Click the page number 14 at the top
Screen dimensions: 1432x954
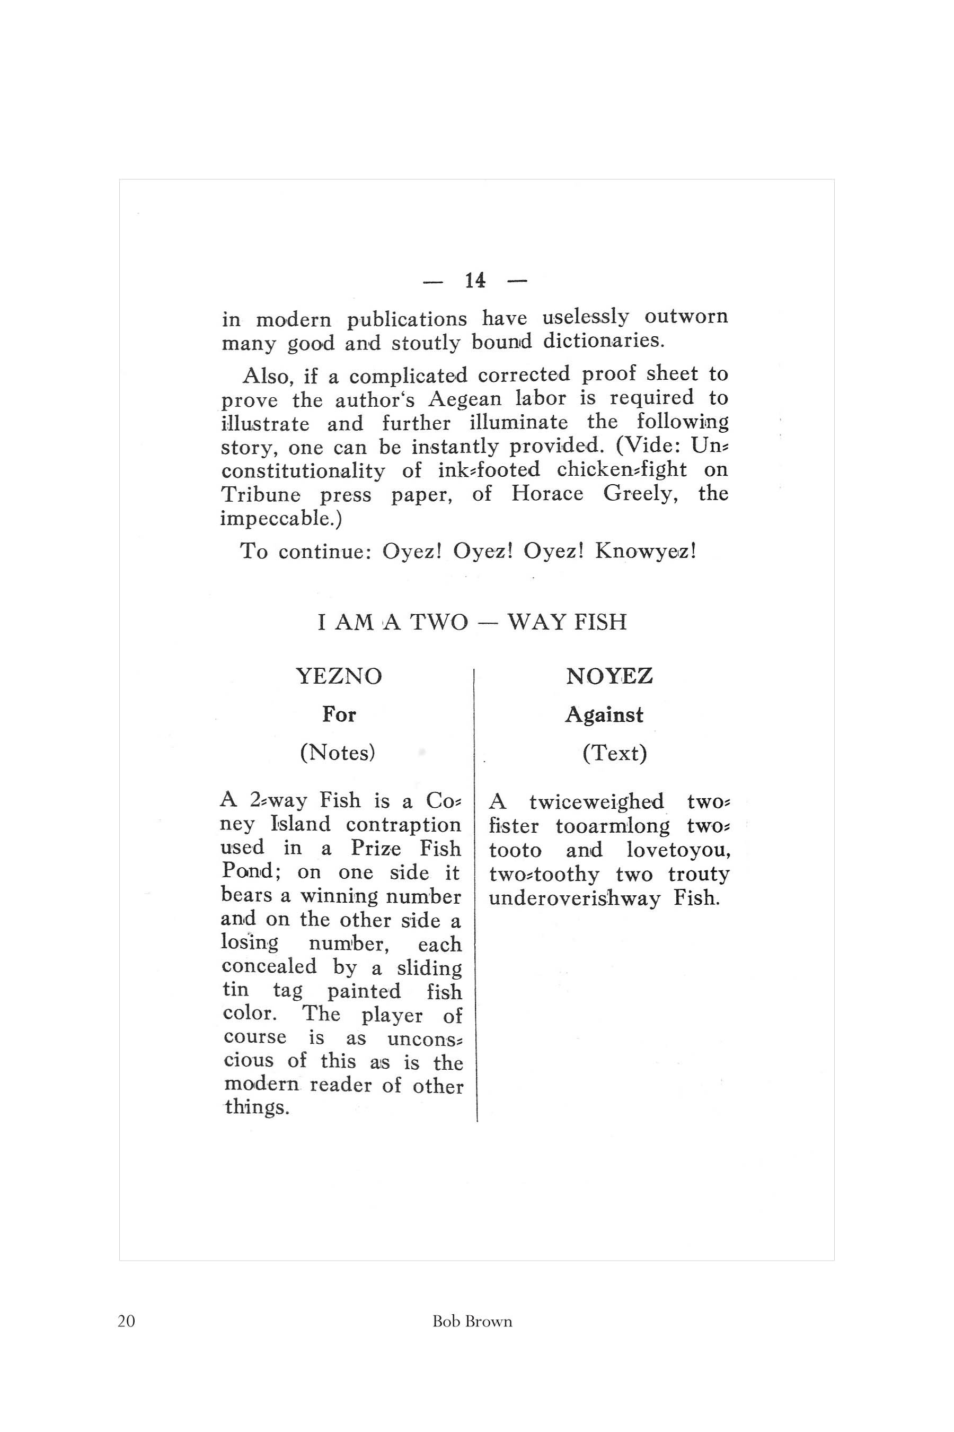pos(475,281)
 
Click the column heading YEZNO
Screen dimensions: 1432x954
pos(339,676)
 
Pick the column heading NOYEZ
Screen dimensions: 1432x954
pos(609,676)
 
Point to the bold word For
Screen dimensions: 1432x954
pos(339,714)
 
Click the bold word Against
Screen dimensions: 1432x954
pos(604,715)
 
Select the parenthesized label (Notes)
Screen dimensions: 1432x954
pos(338,753)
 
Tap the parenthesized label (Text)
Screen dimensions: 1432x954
pos(614,754)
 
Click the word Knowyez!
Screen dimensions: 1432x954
pos(646,551)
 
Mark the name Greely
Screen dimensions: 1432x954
pos(641,493)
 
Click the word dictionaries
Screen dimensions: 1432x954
pos(604,341)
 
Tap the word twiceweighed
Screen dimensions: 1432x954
pos(596,801)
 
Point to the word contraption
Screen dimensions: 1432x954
pos(403,824)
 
